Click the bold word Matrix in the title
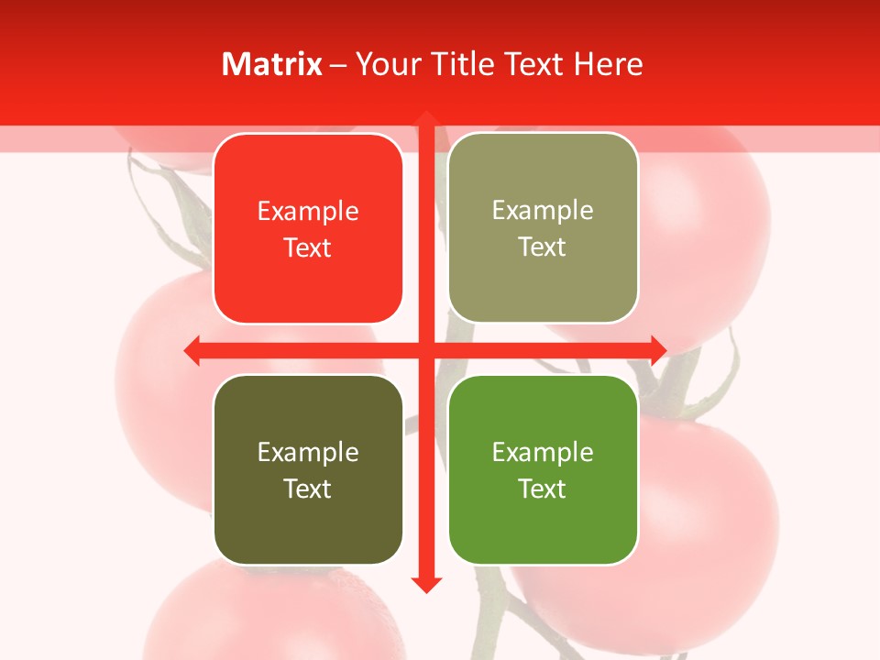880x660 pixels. [272, 64]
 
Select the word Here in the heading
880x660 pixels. [608, 64]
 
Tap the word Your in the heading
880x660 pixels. [386, 64]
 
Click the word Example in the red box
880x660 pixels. [308, 212]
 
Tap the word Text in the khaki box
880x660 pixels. [543, 247]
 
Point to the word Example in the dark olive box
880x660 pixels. [308, 453]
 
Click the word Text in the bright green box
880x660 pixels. [543, 489]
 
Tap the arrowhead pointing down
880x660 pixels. [426, 584]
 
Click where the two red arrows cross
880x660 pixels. [426, 350]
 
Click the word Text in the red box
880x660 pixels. [308, 248]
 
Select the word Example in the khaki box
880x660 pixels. [543, 211]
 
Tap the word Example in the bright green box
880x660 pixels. [543, 453]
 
